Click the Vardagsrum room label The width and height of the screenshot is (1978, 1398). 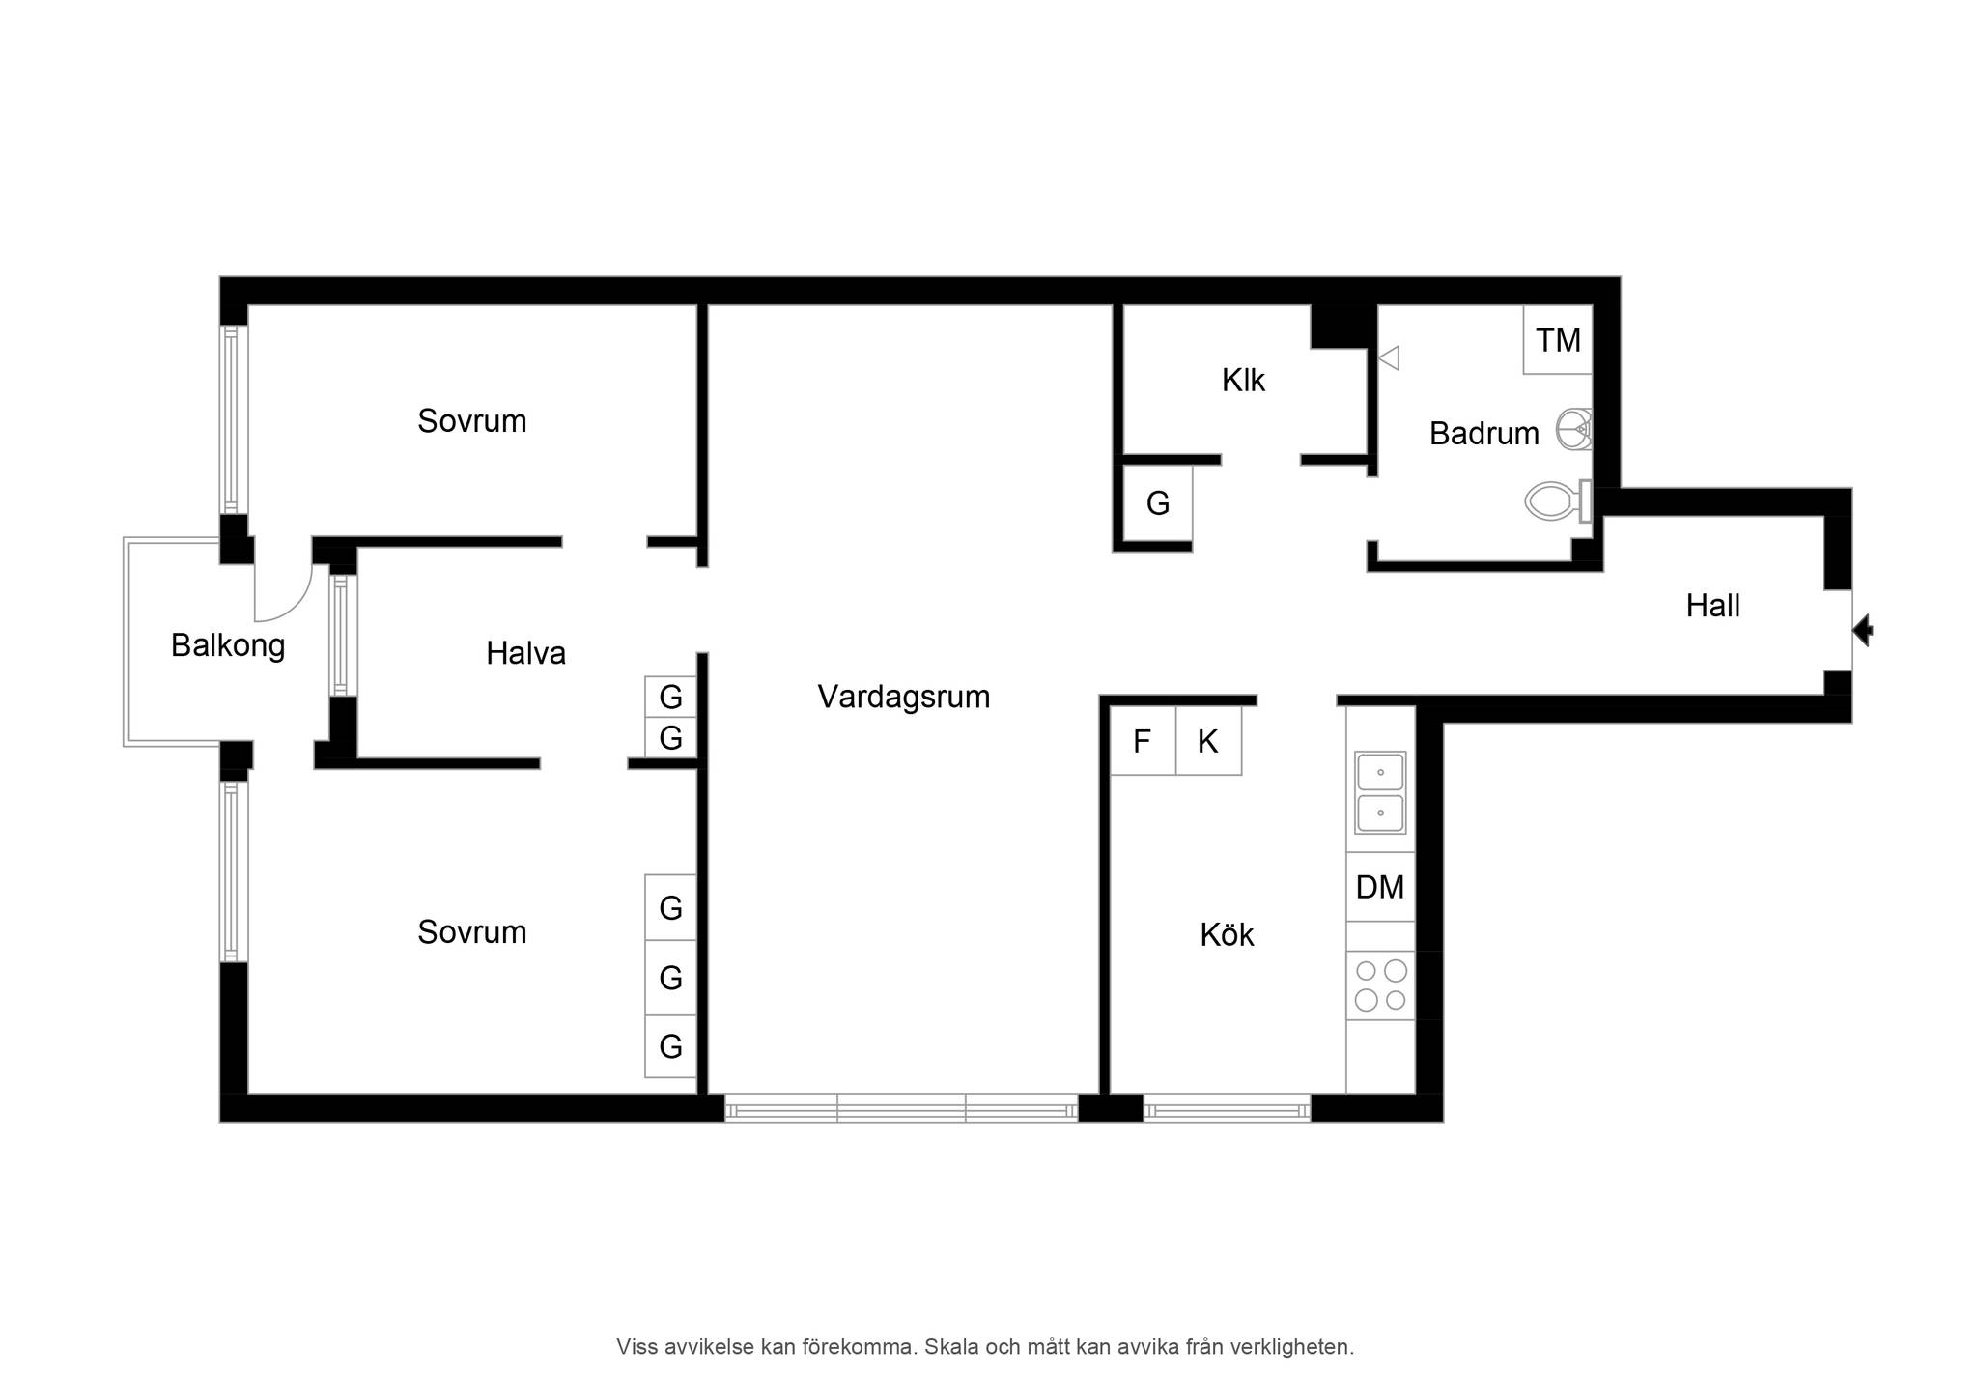[904, 697]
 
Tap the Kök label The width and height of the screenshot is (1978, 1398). [1227, 934]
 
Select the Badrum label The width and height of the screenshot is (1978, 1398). [1483, 434]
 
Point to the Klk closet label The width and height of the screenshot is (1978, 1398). [1243, 381]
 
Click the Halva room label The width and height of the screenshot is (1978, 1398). [525, 653]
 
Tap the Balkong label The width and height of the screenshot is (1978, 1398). [228, 645]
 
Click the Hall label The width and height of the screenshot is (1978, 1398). [1712, 606]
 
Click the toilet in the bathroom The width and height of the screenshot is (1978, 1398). [1558, 501]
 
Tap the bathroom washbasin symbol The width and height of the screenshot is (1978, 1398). [1574, 430]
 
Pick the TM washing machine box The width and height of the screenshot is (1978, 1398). [1558, 340]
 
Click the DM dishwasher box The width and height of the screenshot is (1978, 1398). [1380, 887]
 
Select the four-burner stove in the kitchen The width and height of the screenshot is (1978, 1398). [1380, 985]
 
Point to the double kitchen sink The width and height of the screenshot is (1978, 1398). [1380, 792]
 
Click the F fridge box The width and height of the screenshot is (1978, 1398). [1143, 741]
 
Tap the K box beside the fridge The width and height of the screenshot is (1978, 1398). [1208, 741]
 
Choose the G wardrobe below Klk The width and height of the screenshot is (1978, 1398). [1158, 503]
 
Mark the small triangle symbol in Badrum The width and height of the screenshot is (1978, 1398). [1389, 358]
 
